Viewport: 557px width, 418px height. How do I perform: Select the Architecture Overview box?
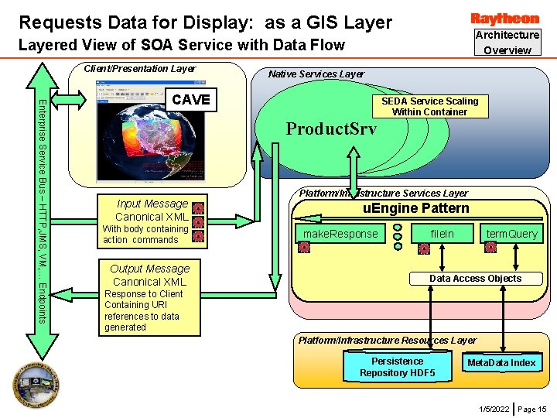tap(507, 43)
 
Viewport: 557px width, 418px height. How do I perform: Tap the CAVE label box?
tap(190, 100)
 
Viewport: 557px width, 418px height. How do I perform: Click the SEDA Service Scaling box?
tap(429, 106)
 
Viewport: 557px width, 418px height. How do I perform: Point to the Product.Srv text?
tap(331, 129)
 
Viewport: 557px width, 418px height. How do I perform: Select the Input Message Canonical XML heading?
tap(152, 210)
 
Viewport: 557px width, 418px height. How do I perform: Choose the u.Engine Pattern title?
tap(416, 208)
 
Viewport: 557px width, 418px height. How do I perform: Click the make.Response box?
tap(341, 234)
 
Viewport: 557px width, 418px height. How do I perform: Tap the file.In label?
tap(443, 234)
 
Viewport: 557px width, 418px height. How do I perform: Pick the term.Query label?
tap(511, 234)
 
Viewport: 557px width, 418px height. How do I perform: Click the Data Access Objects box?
tap(475, 279)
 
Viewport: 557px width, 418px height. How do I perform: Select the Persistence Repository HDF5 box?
tap(397, 367)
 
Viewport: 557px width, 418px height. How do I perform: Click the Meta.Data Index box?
tap(501, 363)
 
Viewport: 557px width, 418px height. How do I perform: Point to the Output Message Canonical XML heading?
tap(150, 275)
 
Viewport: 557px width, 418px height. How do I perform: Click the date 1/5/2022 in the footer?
tap(494, 409)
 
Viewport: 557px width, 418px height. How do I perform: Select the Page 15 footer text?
tap(532, 409)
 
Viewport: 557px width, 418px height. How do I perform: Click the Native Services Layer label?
tap(316, 74)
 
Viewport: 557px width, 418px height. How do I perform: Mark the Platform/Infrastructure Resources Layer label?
tap(388, 341)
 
